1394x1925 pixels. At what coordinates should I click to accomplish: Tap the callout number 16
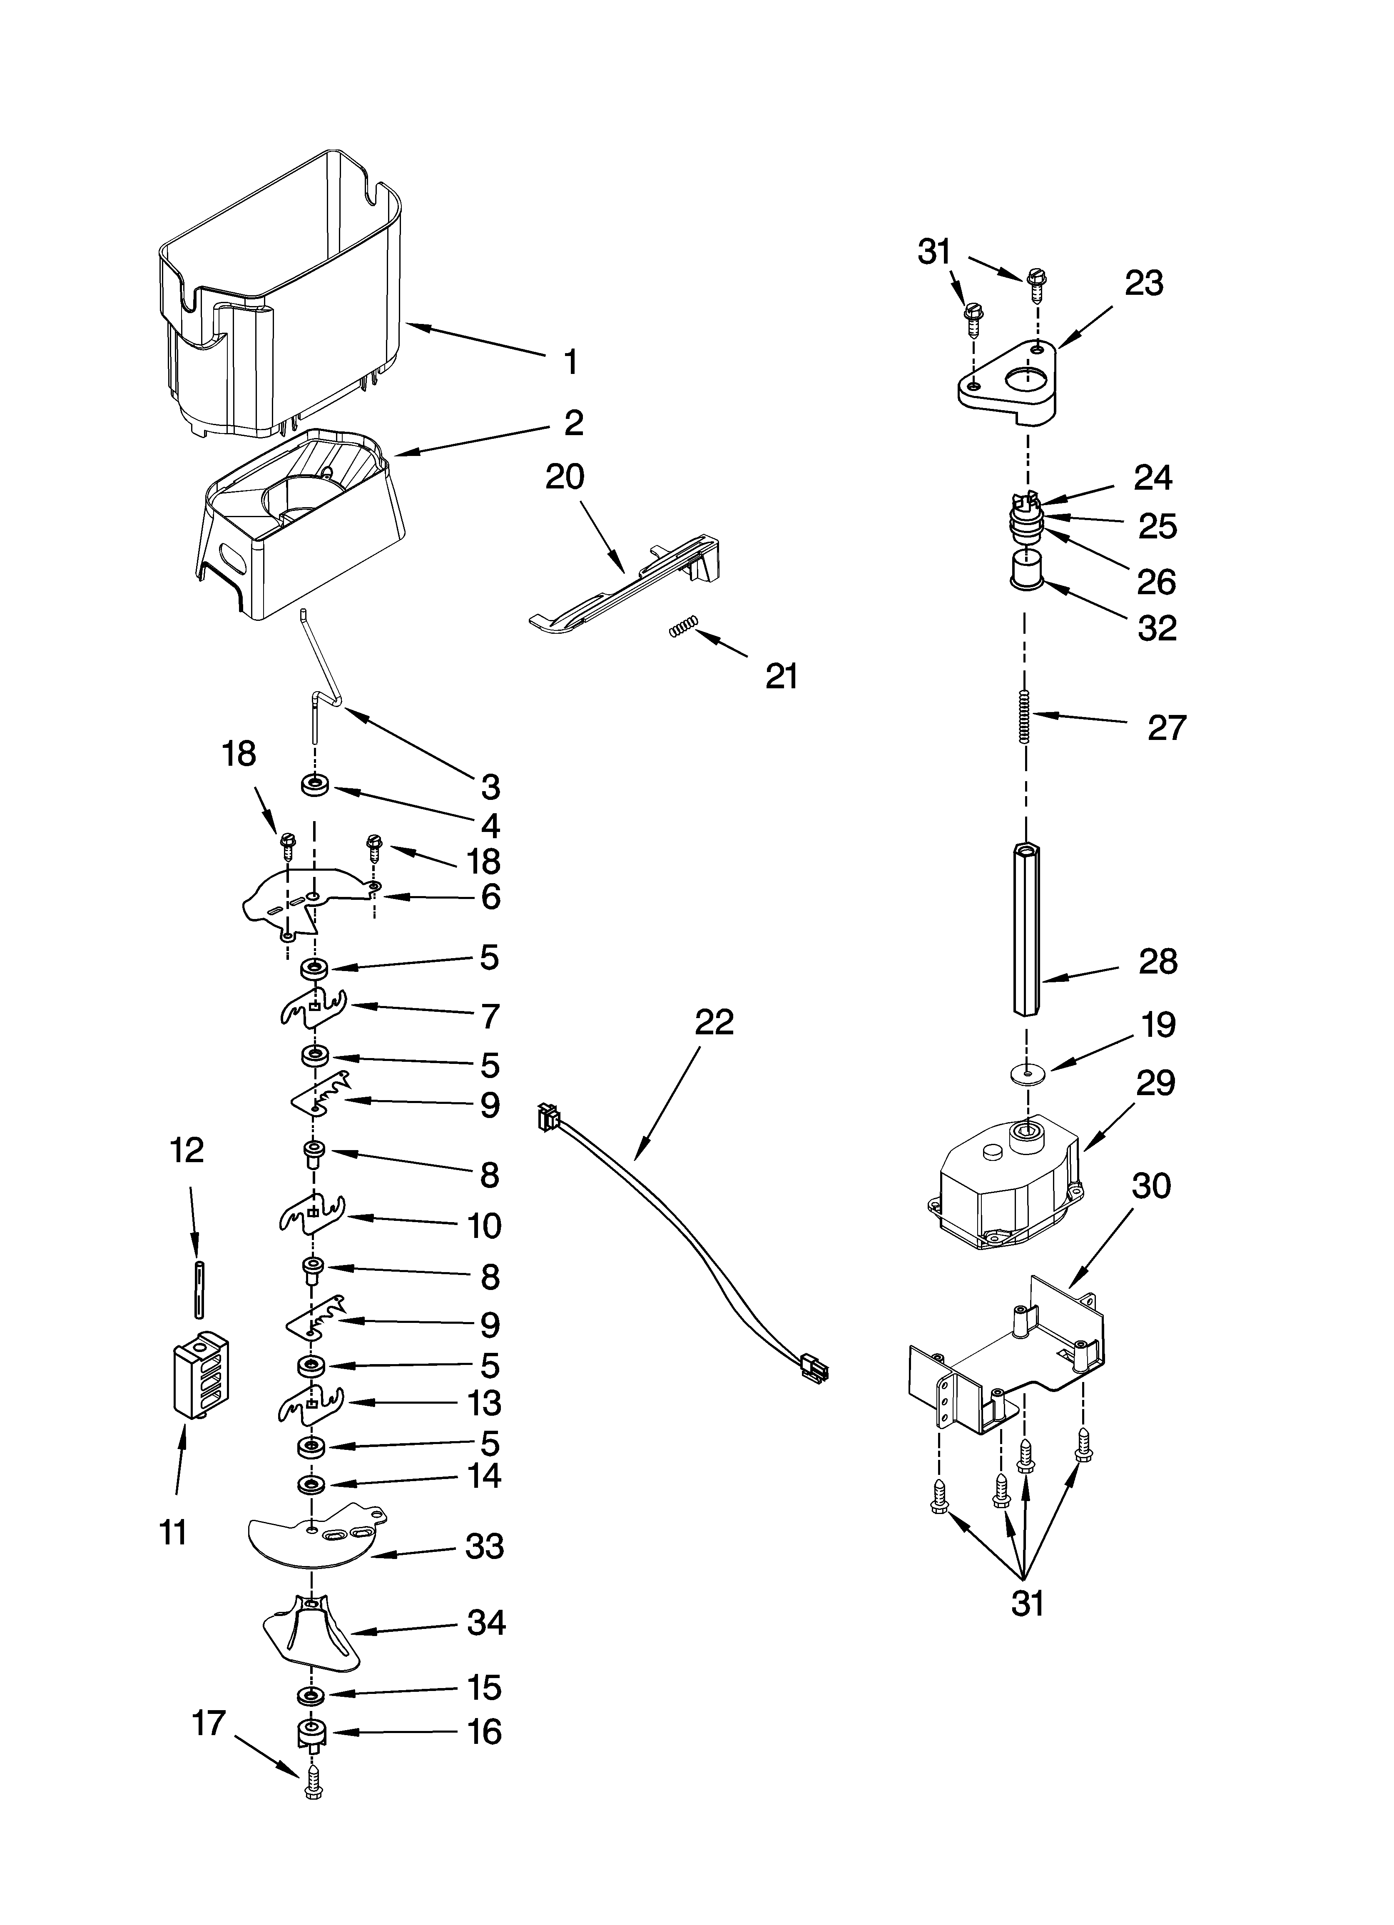(485, 1731)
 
